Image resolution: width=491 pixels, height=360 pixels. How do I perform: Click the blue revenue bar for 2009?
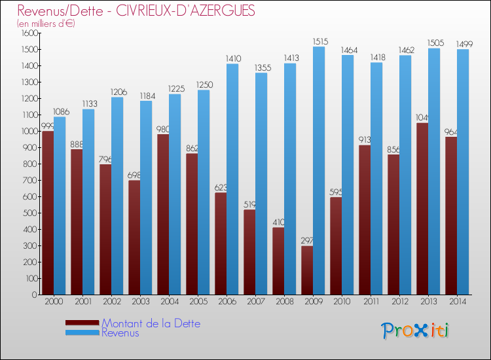tap(319, 170)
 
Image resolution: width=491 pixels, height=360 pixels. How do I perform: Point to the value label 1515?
tap(319, 42)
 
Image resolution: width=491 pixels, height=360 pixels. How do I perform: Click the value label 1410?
tap(232, 59)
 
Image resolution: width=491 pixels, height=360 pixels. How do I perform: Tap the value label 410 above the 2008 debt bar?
tap(278, 222)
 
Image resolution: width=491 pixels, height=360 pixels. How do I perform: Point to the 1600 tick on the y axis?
tap(29, 33)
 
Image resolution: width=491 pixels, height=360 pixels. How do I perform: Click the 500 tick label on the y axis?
tap(31, 213)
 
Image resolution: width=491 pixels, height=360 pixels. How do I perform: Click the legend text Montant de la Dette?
tap(151, 323)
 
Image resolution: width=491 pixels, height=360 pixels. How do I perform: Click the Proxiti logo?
tap(416, 331)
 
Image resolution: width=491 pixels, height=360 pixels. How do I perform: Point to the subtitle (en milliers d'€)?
tap(46, 24)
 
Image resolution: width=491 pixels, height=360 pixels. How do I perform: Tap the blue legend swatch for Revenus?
tap(82, 333)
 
